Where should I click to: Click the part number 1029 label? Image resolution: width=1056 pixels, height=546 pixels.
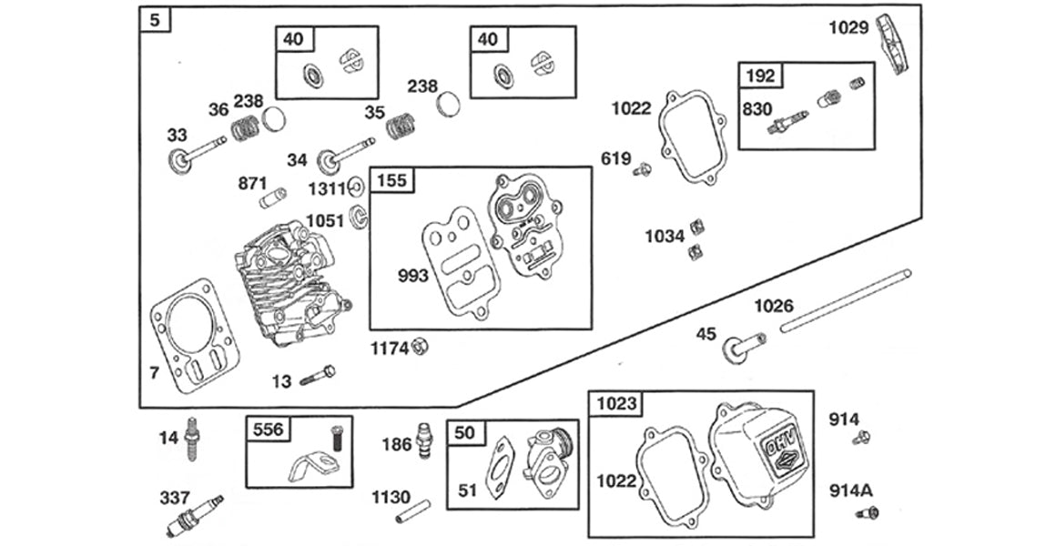tap(848, 27)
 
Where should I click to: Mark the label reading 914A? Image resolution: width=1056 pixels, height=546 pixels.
tap(850, 490)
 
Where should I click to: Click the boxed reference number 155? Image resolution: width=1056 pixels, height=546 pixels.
tap(391, 179)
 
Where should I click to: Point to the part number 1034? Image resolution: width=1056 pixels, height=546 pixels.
tap(665, 237)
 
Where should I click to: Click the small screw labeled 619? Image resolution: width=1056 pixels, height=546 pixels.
tap(644, 168)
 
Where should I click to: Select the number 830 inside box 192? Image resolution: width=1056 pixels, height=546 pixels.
tap(756, 109)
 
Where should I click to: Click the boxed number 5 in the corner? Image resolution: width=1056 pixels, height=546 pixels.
tap(156, 19)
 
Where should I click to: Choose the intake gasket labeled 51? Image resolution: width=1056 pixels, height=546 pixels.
tap(499, 470)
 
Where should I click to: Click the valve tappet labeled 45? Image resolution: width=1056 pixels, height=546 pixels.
tap(743, 347)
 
